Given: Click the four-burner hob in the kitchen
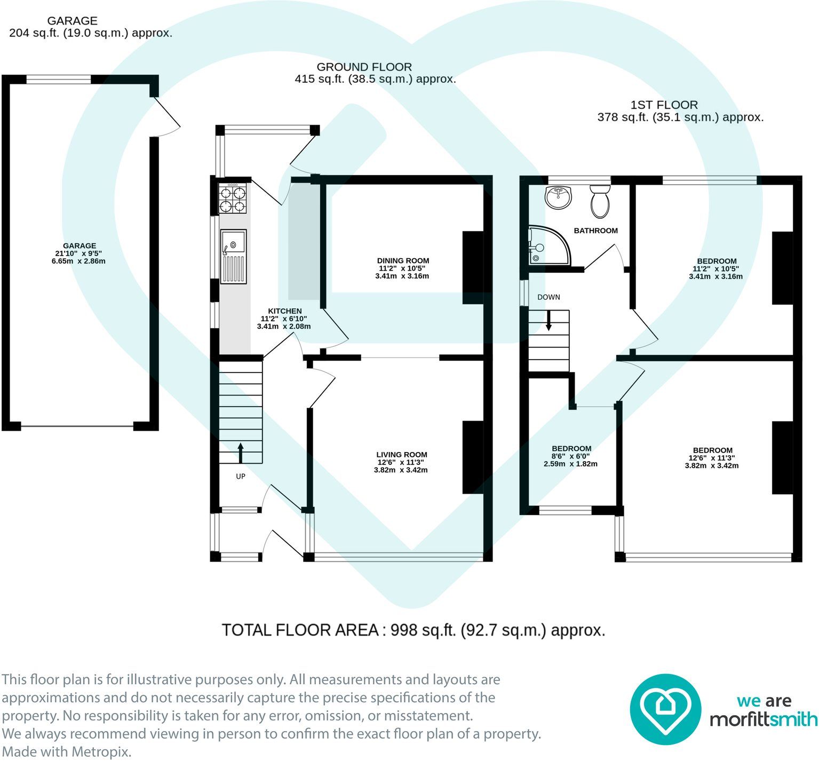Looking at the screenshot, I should pos(233,199).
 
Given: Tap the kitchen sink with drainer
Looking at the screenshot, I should pos(233,256).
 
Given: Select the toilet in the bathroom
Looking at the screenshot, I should pos(600,201).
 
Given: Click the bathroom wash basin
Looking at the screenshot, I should pos(558,197).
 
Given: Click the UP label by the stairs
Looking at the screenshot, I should pos(241,476).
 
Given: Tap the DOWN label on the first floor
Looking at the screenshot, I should pos(548,297).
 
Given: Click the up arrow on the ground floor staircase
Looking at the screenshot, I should pos(240,453).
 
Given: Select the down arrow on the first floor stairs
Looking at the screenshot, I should pos(548,321).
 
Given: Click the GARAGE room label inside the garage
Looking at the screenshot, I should pos(79,246).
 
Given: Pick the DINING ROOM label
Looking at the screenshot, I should pos(403,261).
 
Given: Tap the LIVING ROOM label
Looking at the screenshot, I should pos(401,455).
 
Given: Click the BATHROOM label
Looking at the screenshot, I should pos(595,231).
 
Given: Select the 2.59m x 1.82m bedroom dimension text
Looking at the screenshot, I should pos(570,464).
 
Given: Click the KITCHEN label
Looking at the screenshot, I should pos(284,311).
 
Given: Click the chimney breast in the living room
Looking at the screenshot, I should pos(473,457).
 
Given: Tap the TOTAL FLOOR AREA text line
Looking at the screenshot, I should pos(414,630).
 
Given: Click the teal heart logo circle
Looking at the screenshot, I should pos(665,709).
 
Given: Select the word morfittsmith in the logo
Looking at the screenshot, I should pos(763,720).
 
